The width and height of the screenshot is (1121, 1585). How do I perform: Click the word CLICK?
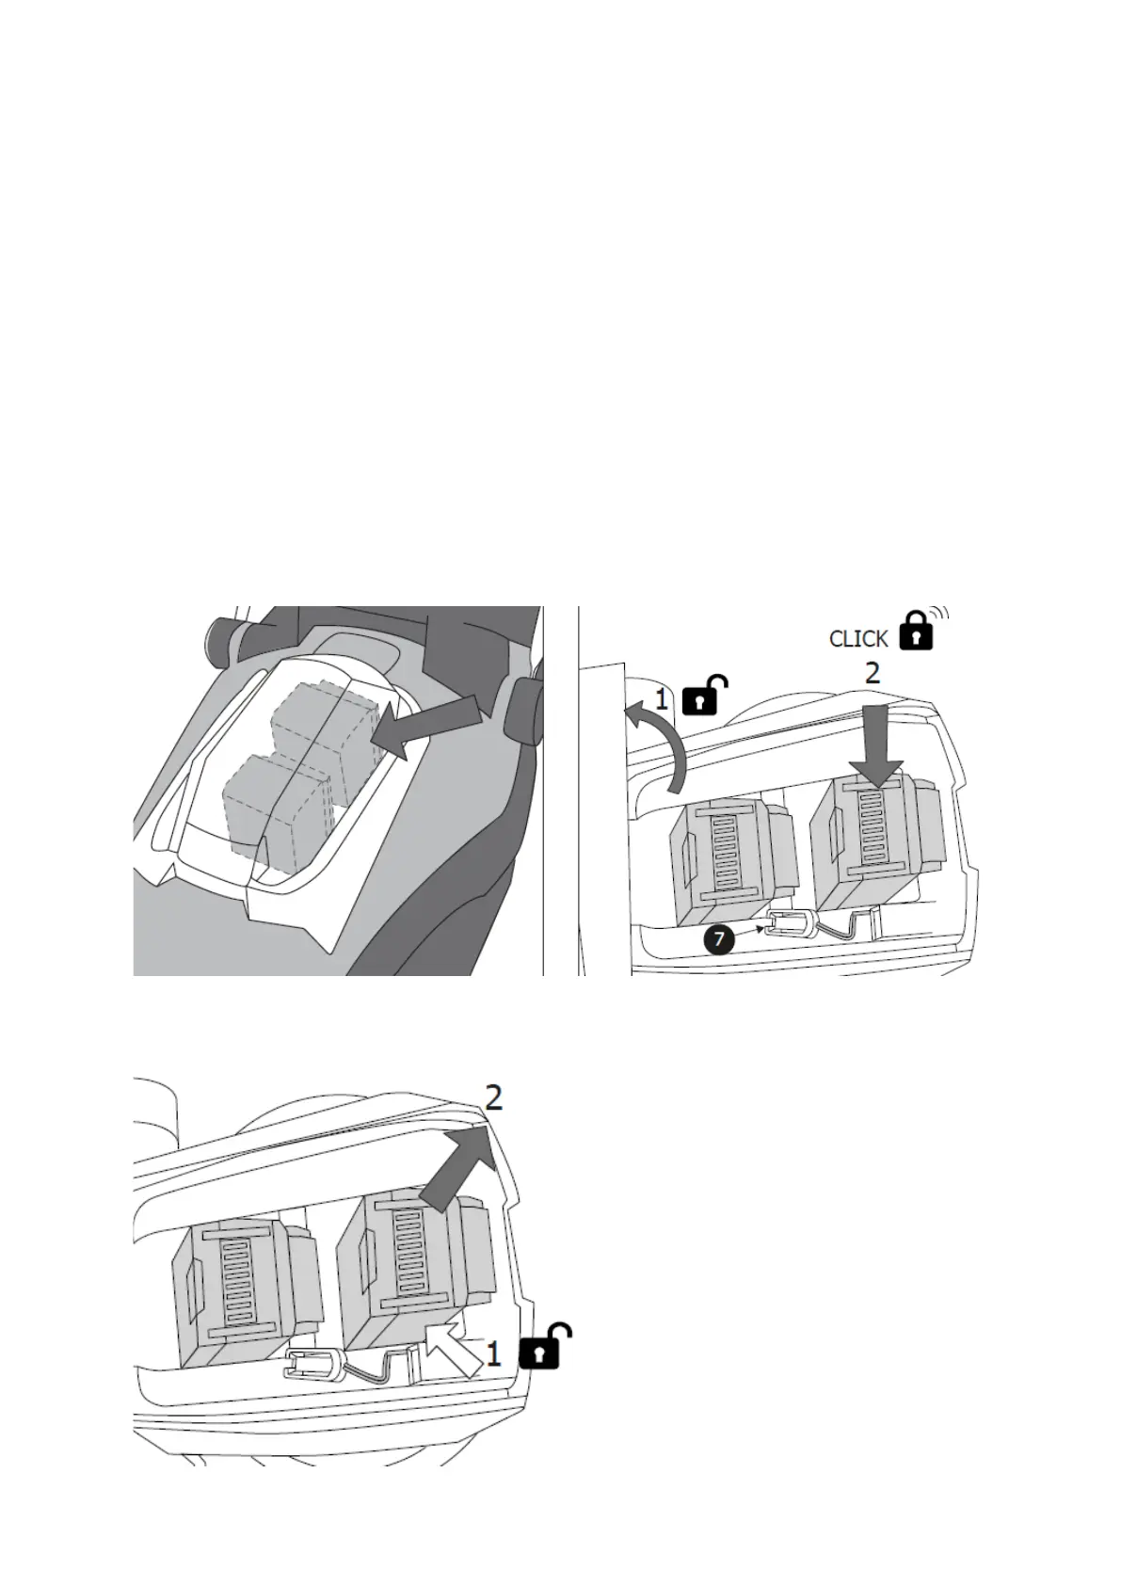pyautogui.click(x=857, y=639)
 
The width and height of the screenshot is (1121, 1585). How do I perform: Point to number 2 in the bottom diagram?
pyautogui.click(x=492, y=1097)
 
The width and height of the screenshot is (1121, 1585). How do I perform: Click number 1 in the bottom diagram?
pyautogui.click(x=493, y=1354)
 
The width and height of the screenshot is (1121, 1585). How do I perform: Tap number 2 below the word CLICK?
pyautogui.click(x=873, y=674)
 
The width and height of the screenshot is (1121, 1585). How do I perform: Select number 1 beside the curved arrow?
pyautogui.click(x=662, y=699)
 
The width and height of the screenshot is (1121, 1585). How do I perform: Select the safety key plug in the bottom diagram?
pyautogui.click(x=315, y=1365)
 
